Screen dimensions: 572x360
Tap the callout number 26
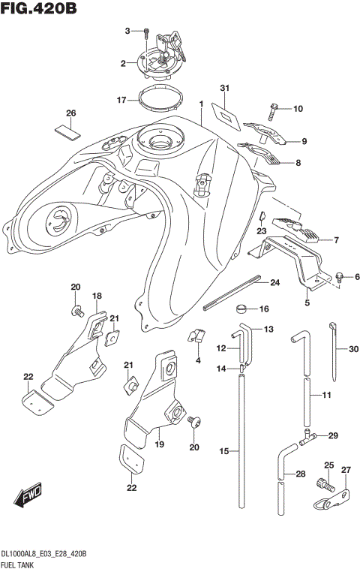point(71,113)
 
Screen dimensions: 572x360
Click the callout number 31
point(223,89)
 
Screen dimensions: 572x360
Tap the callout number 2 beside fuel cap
point(123,64)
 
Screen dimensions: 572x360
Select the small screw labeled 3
point(146,32)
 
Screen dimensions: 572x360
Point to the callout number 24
point(274,282)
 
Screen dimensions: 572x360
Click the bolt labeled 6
point(340,278)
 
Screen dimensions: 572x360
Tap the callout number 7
point(335,240)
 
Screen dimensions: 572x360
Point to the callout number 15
point(223,450)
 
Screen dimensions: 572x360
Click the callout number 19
point(158,444)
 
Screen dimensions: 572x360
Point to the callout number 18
point(97,297)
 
